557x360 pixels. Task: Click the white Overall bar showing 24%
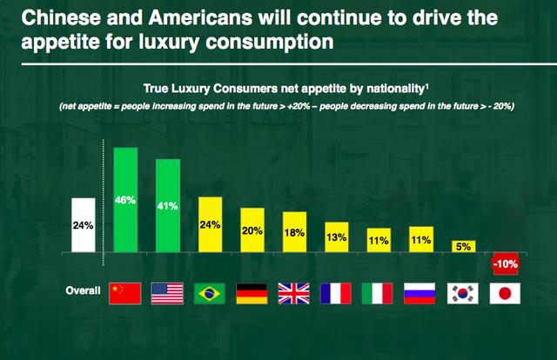click(x=84, y=225)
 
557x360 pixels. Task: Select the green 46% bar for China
click(x=126, y=200)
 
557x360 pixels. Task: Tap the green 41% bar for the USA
click(x=168, y=206)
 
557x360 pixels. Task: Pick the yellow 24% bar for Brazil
click(x=211, y=225)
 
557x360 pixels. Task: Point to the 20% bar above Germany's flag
click(x=252, y=230)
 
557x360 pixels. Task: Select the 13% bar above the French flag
click(x=337, y=237)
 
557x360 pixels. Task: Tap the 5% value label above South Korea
click(x=463, y=247)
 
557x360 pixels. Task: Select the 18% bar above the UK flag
click(x=294, y=232)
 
